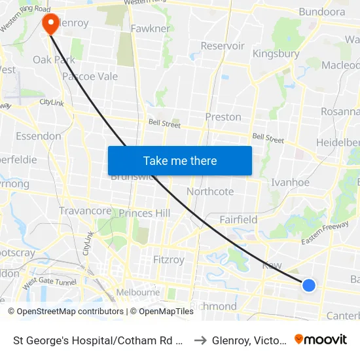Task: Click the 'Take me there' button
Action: coord(180,160)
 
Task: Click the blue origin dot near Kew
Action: coord(309,285)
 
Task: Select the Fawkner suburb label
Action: coord(151,29)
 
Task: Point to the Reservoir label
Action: coord(223,46)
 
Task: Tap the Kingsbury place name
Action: coord(276,54)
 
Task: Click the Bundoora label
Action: coord(321,12)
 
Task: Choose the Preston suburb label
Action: coord(223,117)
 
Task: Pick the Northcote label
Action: coord(210,192)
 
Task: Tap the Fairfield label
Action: coord(238,220)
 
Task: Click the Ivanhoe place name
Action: coord(290,183)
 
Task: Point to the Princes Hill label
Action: coord(144,213)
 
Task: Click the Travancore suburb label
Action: coord(85,211)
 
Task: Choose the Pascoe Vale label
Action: coord(90,77)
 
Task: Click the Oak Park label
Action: coord(54,60)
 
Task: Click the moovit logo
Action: coord(321,339)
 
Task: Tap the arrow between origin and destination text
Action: coord(200,340)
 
